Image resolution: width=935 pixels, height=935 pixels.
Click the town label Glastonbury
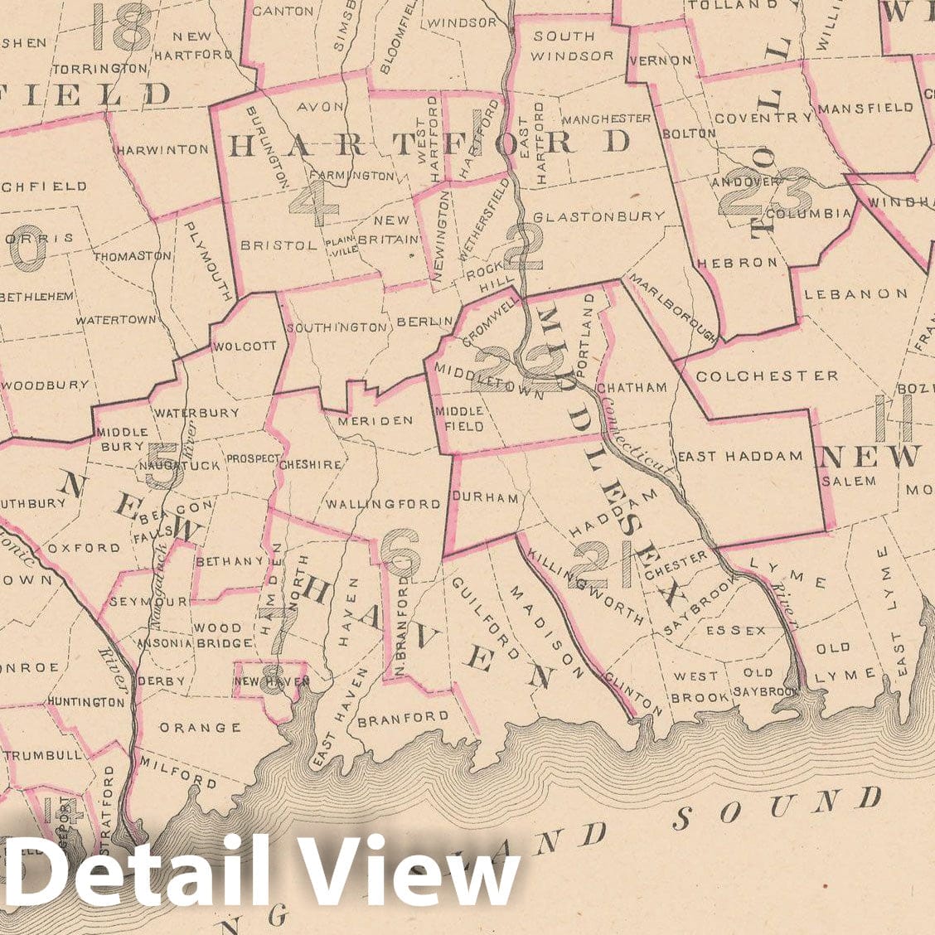pyautogui.click(x=598, y=216)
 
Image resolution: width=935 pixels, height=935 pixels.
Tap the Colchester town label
pyautogui.click(x=767, y=375)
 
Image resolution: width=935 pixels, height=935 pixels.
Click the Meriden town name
pyautogui.click(x=375, y=420)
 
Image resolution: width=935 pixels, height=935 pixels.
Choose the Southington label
pyautogui.click(x=337, y=327)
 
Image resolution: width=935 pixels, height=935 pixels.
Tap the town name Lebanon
pyautogui.click(x=856, y=293)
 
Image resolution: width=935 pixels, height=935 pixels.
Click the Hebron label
pyautogui.click(x=739, y=262)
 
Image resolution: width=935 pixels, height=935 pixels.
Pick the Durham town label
pyautogui.click(x=485, y=498)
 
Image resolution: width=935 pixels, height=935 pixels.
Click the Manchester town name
pyautogui.click(x=610, y=119)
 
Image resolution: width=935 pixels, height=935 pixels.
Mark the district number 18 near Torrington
pyautogui.click(x=122, y=27)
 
